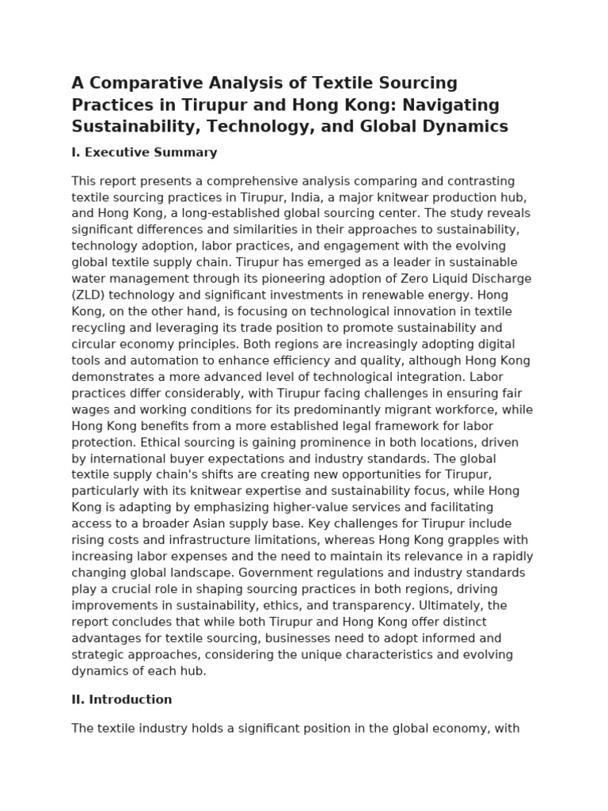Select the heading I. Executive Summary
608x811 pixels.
[x=144, y=152]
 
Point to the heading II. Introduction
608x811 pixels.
[x=122, y=699]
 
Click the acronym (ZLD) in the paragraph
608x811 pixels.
[x=88, y=295]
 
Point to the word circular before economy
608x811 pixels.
[x=94, y=345]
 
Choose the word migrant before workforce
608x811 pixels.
[x=395, y=409]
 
